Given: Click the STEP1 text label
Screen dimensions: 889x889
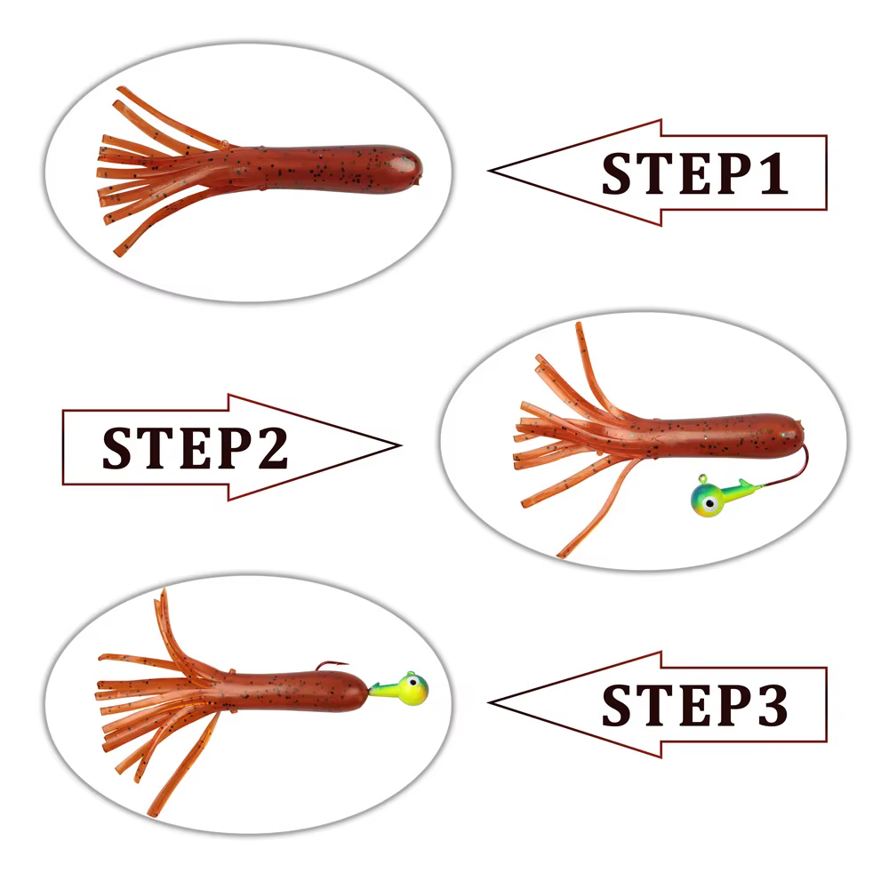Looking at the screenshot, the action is [694, 173].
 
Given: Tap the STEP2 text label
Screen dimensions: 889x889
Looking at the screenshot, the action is [195, 448].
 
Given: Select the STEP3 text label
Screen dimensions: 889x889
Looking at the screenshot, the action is [694, 705].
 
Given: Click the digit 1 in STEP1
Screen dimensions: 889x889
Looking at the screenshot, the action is [773, 173].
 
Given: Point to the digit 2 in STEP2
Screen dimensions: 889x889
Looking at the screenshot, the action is [273, 447].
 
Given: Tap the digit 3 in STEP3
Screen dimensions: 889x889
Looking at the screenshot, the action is [773, 705].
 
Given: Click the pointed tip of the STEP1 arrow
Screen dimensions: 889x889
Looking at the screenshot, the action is [489, 170].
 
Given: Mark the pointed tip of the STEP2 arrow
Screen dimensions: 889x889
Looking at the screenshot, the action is [400, 445].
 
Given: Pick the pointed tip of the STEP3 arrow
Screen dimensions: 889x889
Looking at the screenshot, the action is [489, 702].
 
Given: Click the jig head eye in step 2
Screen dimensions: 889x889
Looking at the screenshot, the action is [709, 503].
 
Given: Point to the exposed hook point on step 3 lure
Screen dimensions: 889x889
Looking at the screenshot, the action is [346, 662].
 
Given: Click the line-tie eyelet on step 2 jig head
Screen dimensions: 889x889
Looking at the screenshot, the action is [702, 478].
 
